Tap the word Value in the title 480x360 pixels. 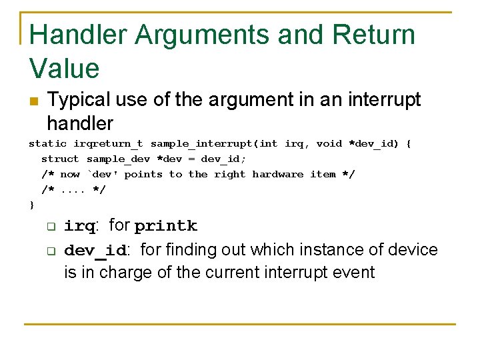(x=64, y=68)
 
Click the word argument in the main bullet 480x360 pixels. (x=248, y=100)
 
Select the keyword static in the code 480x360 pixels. (x=47, y=143)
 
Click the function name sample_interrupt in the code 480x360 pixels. (x=203, y=143)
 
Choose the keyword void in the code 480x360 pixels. (x=329, y=143)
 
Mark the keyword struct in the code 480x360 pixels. (x=60, y=159)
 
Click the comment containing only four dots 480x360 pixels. (x=73, y=189)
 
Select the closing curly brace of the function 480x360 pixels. (x=31, y=205)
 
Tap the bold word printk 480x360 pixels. (x=165, y=226)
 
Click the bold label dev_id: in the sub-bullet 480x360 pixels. (x=97, y=251)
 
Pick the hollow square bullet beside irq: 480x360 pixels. (x=51, y=227)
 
